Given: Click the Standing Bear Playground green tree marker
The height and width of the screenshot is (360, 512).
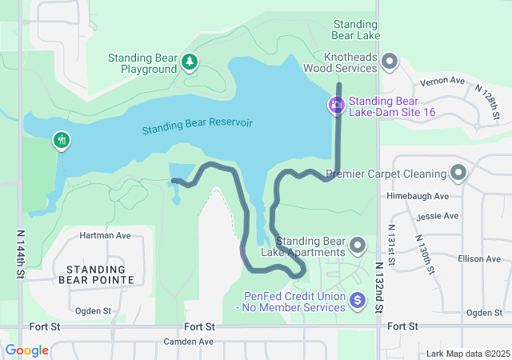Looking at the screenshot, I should (x=189, y=62).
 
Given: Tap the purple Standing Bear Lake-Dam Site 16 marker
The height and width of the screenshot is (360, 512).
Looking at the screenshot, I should (x=336, y=105).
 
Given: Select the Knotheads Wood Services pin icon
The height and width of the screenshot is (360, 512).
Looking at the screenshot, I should (x=390, y=62).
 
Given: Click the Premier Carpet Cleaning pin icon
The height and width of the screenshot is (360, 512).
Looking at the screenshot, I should (x=458, y=173).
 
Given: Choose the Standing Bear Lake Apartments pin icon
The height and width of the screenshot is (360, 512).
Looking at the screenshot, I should (x=358, y=246).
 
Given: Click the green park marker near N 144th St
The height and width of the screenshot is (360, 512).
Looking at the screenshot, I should (x=62, y=142).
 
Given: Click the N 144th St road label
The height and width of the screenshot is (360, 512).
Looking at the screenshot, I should (x=19, y=254).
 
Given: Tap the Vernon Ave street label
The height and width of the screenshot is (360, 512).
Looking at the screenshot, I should (x=446, y=82).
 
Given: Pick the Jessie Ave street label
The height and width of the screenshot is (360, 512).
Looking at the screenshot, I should (x=438, y=216).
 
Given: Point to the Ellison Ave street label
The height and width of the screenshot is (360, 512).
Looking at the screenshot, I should (x=479, y=259).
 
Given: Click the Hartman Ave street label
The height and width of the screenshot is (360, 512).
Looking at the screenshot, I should (x=105, y=236).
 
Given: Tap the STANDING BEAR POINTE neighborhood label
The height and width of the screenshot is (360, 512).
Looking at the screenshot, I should (x=97, y=274).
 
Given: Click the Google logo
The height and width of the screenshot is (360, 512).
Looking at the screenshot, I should (x=26, y=350).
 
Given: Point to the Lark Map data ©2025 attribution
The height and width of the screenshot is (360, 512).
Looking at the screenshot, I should (x=467, y=353).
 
